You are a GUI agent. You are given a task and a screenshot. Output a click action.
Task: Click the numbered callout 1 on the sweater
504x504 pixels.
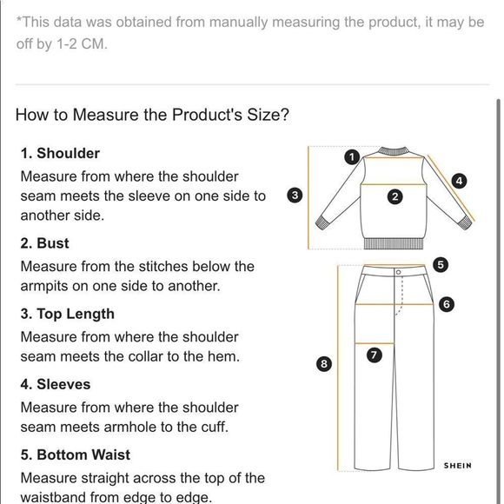pyautogui.click(x=352, y=157)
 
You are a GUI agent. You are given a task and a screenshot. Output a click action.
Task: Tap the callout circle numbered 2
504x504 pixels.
pyautogui.click(x=395, y=196)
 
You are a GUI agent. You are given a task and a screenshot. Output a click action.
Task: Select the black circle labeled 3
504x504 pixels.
pyautogui.click(x=295, y=196)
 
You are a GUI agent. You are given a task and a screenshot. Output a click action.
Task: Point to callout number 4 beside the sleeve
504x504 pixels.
pyautogui.click(x=460, y=181)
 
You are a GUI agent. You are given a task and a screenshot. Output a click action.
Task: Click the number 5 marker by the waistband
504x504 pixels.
pyautogui.click(x=441, y=265)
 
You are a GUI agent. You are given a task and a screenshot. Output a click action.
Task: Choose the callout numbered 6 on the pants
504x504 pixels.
pyautogui.click(x=447, y=304)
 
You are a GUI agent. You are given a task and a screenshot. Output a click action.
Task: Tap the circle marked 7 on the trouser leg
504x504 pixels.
pyautogui.click(x=375, y=355)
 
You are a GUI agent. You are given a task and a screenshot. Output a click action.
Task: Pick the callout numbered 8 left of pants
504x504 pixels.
pyautogui.click(x=324, y=363)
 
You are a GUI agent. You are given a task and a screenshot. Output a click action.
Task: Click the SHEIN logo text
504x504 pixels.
pyautogui.click(x=458, y=466)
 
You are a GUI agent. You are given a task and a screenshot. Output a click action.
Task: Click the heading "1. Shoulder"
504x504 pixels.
pyautogui.click(x=60, y=153)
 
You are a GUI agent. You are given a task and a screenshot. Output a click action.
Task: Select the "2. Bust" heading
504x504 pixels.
pyautogui.click(x=44, y=243)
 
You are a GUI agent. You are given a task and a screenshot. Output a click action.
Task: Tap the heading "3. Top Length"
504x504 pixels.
pyautogui.click(x=68, y=314)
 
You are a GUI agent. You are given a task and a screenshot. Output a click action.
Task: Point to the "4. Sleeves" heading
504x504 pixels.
pyautogui.click(x=56, y=384)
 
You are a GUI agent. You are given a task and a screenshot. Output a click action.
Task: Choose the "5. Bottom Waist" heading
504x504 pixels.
pyautogui.click(x=76, y=454)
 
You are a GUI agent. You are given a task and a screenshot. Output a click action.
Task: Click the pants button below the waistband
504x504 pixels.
pyautogui.click(x=399, y=272)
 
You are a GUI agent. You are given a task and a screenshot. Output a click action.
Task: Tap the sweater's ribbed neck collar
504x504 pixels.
pyautogui.click(x=393, y=150)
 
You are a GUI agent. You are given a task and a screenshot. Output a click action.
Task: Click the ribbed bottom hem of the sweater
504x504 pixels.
pyautogui.click(x=394, y=243)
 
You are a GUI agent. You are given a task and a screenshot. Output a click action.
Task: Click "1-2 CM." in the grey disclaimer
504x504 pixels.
pyautogui.click(x=82, y=43)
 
